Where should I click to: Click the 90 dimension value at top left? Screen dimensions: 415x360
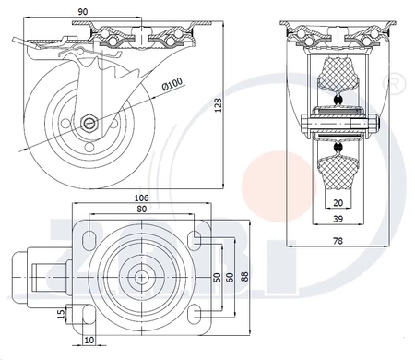[83, 12]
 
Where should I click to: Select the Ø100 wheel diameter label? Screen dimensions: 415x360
[172, 83]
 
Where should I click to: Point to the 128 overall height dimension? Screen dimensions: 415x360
[218, 105]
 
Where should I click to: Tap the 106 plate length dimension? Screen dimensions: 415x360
[141, 198]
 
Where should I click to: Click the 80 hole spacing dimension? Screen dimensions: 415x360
[141, 209]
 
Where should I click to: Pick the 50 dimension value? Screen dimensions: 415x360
[217, 278]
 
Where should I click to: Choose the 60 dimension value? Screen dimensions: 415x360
[230, 278]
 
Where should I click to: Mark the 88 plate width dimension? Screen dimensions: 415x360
[244, 276]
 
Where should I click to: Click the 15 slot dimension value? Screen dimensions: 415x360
[62, 314]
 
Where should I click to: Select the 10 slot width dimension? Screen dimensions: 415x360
[89, 340]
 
